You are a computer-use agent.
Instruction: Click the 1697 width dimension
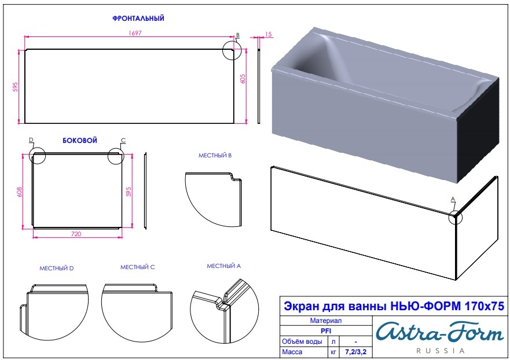(x=135, y=33)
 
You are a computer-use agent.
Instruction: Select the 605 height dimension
(x=243, y=79)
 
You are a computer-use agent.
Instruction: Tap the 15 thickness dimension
(x=269, y=34)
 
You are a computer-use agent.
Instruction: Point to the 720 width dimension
(x=76, y=234)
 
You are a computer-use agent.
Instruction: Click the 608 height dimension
(x=19, y=192)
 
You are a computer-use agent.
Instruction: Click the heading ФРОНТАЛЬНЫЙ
(x=138, y=19)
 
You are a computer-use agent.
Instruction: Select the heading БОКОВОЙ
(x=80, y=141)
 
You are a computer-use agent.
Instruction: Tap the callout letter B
(x=238, y=35)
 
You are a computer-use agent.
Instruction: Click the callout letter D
(x=31, y=140)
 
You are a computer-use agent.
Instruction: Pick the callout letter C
(x=123, y=141)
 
